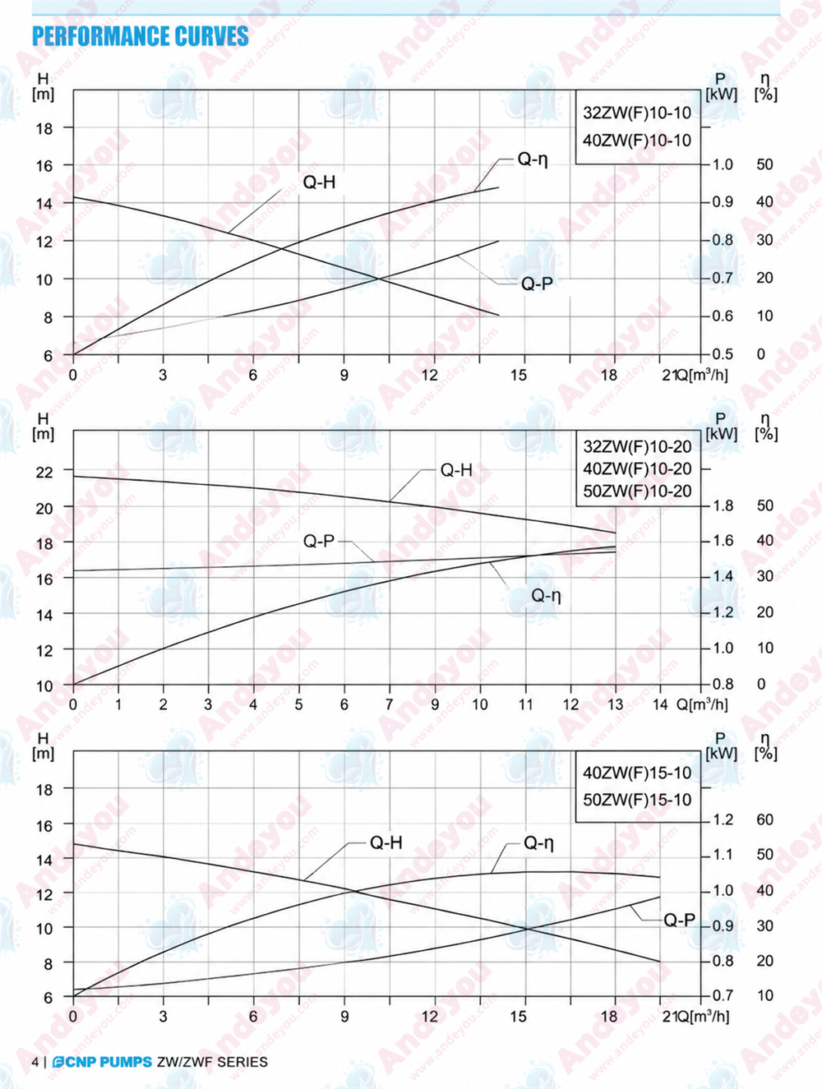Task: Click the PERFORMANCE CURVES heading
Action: click(141, 36)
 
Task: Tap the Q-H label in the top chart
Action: click(319, 182)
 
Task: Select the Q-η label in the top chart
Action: click(533, 159)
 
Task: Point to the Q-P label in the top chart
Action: click(537, 284)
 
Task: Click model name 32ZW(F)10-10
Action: click(637, 113)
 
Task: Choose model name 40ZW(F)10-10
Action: click(637, 141)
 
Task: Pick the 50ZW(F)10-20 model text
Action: click(637, 491)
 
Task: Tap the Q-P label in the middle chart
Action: click(319, 541)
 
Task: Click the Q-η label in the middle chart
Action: click(546, 595)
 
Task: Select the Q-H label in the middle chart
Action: click(456, 470)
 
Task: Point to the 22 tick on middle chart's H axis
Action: click(44, 471)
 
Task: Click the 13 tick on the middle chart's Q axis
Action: click(615, 704)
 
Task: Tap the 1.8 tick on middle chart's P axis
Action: click(723, 505)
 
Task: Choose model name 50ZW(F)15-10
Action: click(637, 800)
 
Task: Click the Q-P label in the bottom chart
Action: click(679, 921)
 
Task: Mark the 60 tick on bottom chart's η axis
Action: click(764, 819)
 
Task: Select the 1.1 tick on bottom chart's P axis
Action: click(723, 854)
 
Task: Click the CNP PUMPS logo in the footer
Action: click(102, 1062)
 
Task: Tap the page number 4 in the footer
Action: click(35, 1062)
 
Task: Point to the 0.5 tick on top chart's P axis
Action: click(723, 353)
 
